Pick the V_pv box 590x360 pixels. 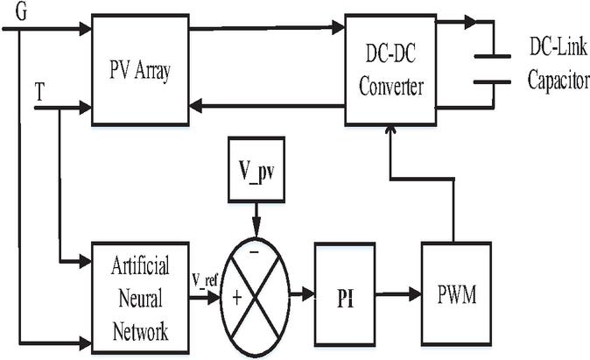(255, 165)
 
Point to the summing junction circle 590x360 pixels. (255, 296)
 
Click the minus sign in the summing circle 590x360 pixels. (255, 252)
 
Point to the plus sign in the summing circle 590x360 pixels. (236, 298)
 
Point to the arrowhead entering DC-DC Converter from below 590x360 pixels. (390, 131)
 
